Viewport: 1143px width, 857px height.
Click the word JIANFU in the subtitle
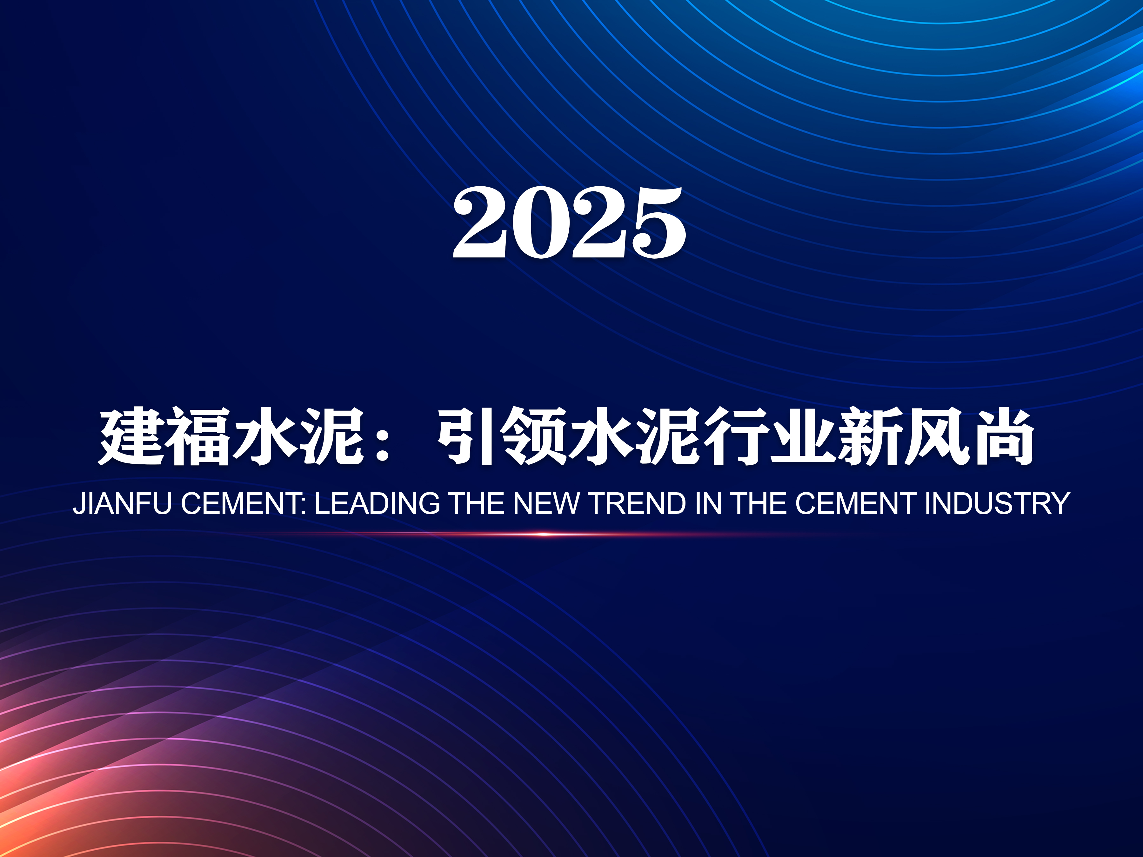click(x=122, y=504)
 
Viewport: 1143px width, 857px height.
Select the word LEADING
click(x=377, y=504)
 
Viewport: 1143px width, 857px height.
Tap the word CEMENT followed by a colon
click(x=243, y=504)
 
